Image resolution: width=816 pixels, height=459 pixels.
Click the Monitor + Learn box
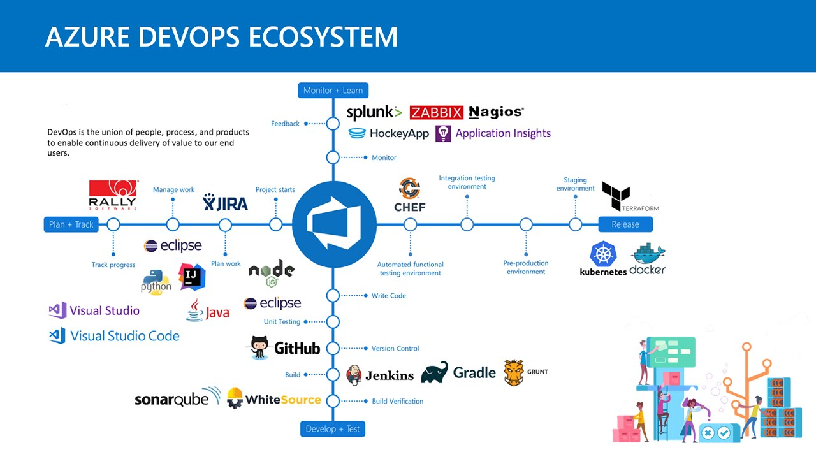coord(333,91)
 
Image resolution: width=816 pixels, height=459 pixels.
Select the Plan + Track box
coord(71,224)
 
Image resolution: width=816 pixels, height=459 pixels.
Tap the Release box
coord(625,224)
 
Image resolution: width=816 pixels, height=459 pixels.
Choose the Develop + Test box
coord(332,429)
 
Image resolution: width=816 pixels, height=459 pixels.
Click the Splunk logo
coord(374,113)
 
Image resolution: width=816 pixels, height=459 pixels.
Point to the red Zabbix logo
coord(436,113)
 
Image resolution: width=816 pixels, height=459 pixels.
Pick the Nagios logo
coord(496,112)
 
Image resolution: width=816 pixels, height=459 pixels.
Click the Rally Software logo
coord(112,195)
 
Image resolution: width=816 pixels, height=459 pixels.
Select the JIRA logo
coord(226,203)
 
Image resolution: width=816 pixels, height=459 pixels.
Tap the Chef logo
coord(410,195)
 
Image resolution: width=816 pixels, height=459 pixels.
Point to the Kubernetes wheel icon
coord(602,254)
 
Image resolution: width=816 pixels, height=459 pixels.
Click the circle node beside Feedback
coord(333,124)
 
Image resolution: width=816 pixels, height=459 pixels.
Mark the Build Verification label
coord(397,401)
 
